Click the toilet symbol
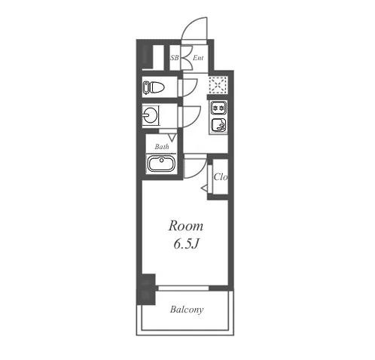pyautogui.click(x=153, y=87)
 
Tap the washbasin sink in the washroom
pyautogui.click(x=150, y=115)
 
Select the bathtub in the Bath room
pyautogui.click(x=161, y=163)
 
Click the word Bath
pyautogui.click(x=162, y=146)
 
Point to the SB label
pyautogui.click(x=175, y=58)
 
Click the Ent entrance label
pyautogui.click(x=198, y=58)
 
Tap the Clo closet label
pyautogui.click(x=221, y=177)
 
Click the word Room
pyautogui.click(x=186, y=226)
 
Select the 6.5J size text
pyautogui.click(x=186, y=243)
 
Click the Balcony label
pyautogui.click(x=187, y=310)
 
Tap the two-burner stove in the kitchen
pyautogui.click(x=218, y=108)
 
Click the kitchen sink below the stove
pyautogui.click(x=219, y=125)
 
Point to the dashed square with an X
pyautogui.click(x=218, y=84)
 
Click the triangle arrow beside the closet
pyautogui.click(x=204, y=188)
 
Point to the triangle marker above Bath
pyautogui.click(x=172, y=138)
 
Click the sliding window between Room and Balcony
pyautogui.click(x=184, y=288)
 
